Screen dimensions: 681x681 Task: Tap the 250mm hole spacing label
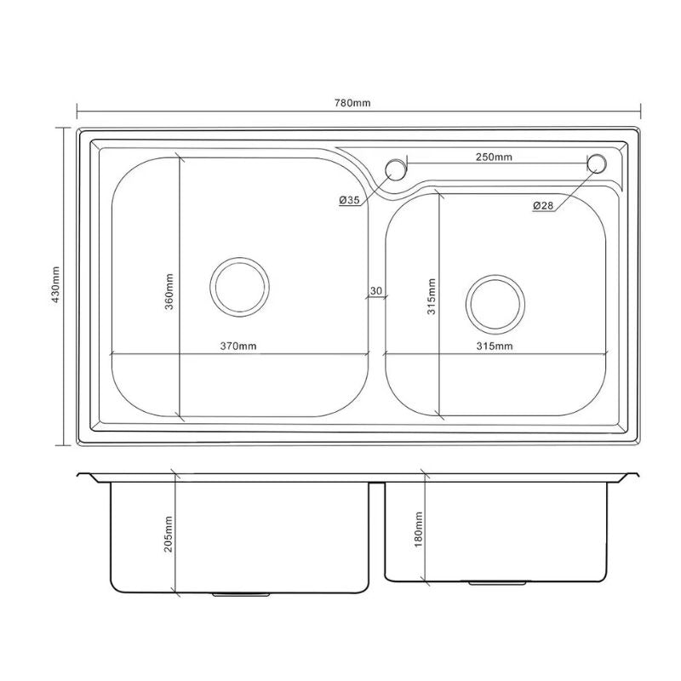click(495, 157)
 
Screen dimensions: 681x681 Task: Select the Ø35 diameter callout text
click(351, 200)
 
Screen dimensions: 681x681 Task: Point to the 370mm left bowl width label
click(238, 346)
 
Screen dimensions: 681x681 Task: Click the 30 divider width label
click(375, 290)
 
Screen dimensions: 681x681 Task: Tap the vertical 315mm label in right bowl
click(432, 295)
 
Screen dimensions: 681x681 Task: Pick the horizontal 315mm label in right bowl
click(495, 346)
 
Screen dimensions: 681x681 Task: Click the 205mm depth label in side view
click(169, 533)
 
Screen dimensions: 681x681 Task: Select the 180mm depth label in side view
click(418, 529)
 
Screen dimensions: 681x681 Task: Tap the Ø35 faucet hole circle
click(395, 169)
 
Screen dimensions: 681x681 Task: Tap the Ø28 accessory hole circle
click(597, 163)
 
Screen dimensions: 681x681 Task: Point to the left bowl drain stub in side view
click(239, 594)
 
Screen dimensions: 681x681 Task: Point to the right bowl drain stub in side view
click(495, 584)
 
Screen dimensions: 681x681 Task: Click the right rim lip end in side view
click(634, 474)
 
